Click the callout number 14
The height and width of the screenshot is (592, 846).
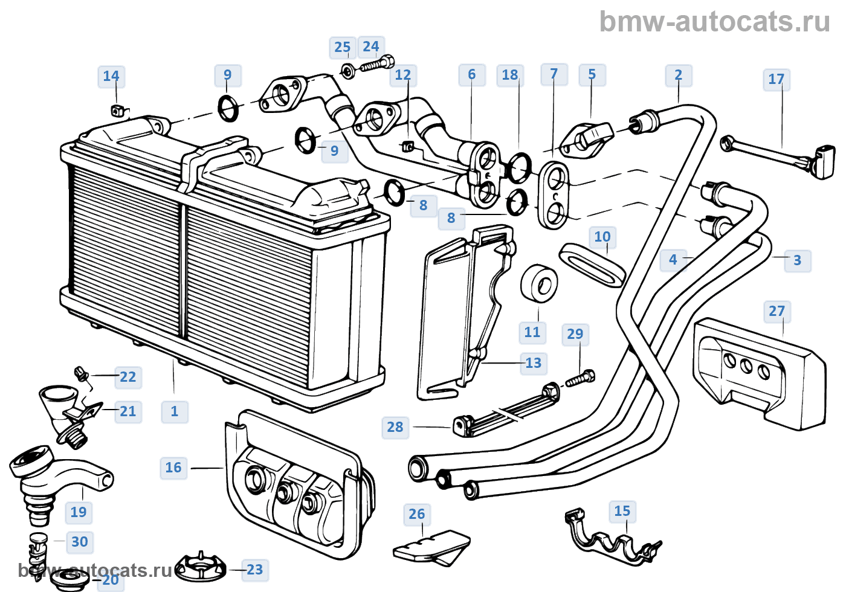pyautogui.click(x=111, y=76)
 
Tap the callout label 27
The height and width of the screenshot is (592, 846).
pyautogui.click(x=777, y=311)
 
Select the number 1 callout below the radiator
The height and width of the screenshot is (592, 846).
pyautogui.click(x=174, y=411)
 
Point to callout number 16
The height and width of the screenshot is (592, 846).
pyautogui.click(x=173, y=468)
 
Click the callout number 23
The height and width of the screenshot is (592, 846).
pyautogui.click(x=254, y=570)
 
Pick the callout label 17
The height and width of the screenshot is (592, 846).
pyautogui.click(x=776, y=79)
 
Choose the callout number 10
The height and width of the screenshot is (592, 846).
pyautogui.click(x=602, y=237)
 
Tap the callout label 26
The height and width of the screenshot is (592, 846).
pyautogui.click(x=416, y=514)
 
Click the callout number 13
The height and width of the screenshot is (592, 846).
pyautogui.click(x=533, y=363)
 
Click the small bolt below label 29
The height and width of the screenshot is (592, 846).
pyautogui.click(x=580, y=378)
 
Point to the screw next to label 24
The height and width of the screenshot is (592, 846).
pyautogui.click(x=377, y=64)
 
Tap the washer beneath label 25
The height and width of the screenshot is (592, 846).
pyautogui.click(x=348, y=71)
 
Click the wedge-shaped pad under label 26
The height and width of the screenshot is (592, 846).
pyautogui.click(x=431, y=547)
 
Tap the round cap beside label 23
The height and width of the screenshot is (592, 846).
pyautogui.click(x=201, y=568)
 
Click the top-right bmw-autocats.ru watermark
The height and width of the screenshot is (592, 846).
pyautogui.click(x=715, y=22)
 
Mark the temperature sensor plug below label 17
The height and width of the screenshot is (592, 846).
pyautogui.click(x=779, y=161)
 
